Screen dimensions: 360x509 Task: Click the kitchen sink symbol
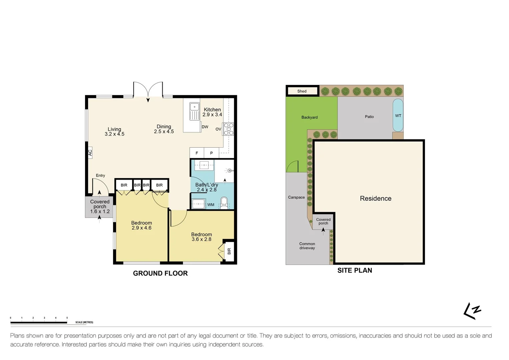coord(194,111)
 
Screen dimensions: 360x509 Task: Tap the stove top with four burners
coord(229,129)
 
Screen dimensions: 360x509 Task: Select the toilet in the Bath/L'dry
coord(224,203)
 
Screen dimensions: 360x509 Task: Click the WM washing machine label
coord(211,205)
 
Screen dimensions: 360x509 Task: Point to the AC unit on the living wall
coord(90,153)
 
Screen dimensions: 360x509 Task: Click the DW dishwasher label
coord(205,127)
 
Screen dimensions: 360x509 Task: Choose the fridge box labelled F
coord(197,153)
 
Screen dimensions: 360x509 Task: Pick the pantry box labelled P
coord(211,153)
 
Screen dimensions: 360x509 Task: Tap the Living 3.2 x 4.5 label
coord(114,132)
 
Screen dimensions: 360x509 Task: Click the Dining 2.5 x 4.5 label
coord(164,129)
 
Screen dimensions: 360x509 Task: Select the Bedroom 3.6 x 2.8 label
coord(201,237)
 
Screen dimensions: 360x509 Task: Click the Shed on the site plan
coord(302,91)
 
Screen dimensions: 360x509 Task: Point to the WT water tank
coord(398,116)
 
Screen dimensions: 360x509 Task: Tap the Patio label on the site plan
coord(369,117)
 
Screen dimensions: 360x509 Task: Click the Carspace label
coord(296,197)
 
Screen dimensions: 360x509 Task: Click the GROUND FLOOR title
coord(160,273)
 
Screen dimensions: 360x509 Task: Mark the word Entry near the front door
coord(100,175)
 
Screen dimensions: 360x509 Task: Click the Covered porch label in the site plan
coord(323,221)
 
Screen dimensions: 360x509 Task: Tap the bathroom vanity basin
coord(204,165)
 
